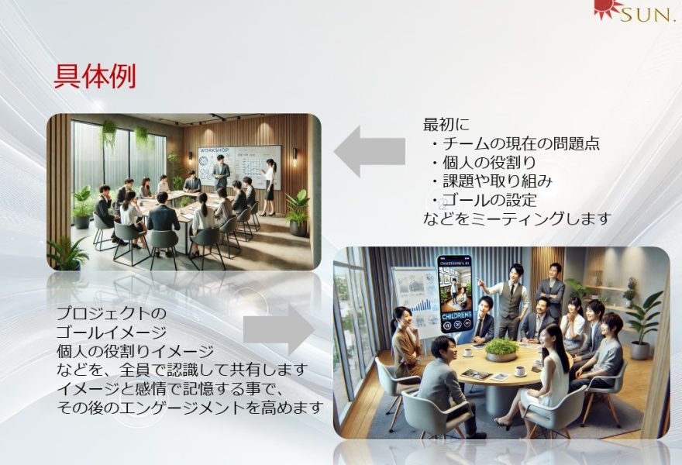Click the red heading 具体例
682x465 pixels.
[95, 77]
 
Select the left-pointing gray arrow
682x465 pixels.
[369, 151]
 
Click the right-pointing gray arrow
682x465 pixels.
[279, 329]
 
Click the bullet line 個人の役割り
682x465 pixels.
[484, 162]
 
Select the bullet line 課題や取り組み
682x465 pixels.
[492, 181]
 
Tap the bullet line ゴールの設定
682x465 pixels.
[484, 200]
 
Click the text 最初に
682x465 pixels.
[446, 125]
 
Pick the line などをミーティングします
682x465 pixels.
[518, 219]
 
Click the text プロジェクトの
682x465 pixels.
[112, 313]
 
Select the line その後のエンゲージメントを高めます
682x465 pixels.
[191, 408]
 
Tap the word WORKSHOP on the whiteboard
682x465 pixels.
[214, 150]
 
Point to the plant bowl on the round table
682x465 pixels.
[502, 350]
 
